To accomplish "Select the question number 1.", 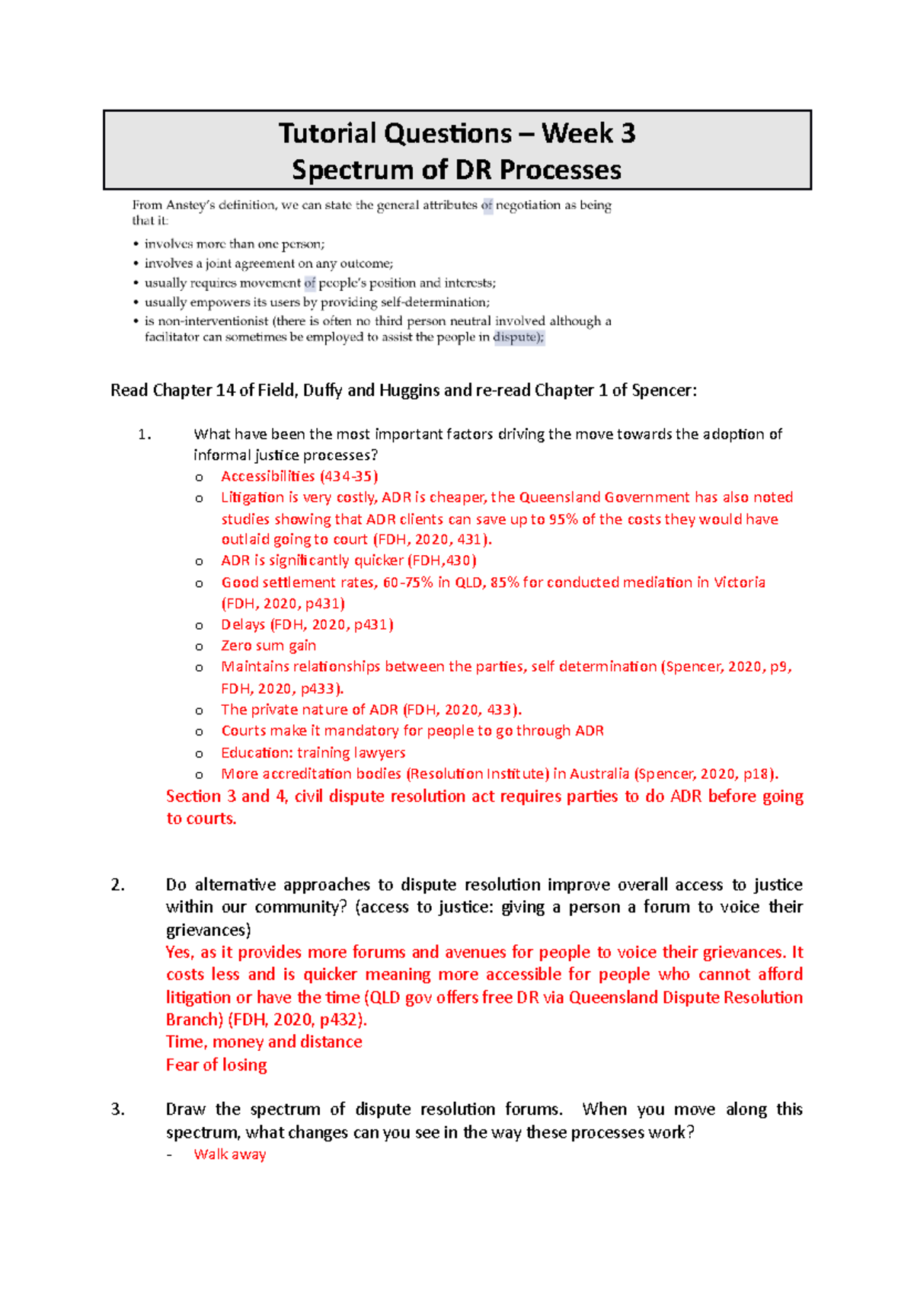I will coord(144,435).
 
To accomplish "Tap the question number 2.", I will coord(117,885).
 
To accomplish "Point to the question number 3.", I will coord(117,1109).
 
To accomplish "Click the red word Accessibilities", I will coord(267,477).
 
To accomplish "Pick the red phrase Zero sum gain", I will coord(268,646).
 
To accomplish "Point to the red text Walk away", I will coord(230,1154).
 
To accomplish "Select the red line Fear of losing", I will coord(216,1065).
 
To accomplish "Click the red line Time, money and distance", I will coord(264,1042).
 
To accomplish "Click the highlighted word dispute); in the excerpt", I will coord(519,337).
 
